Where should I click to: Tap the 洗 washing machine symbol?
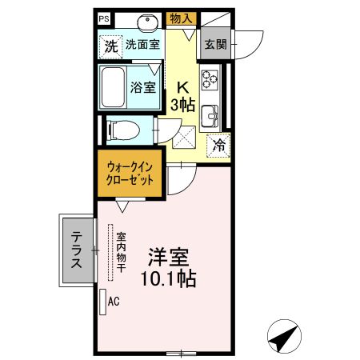click(111, 46)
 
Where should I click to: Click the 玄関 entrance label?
click(214, 45)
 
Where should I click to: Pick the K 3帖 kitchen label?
click(183, 94)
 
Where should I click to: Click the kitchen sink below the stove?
click(210, 115)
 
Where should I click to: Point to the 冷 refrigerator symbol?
click(218, 146)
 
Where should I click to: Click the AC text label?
click(113, 302)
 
